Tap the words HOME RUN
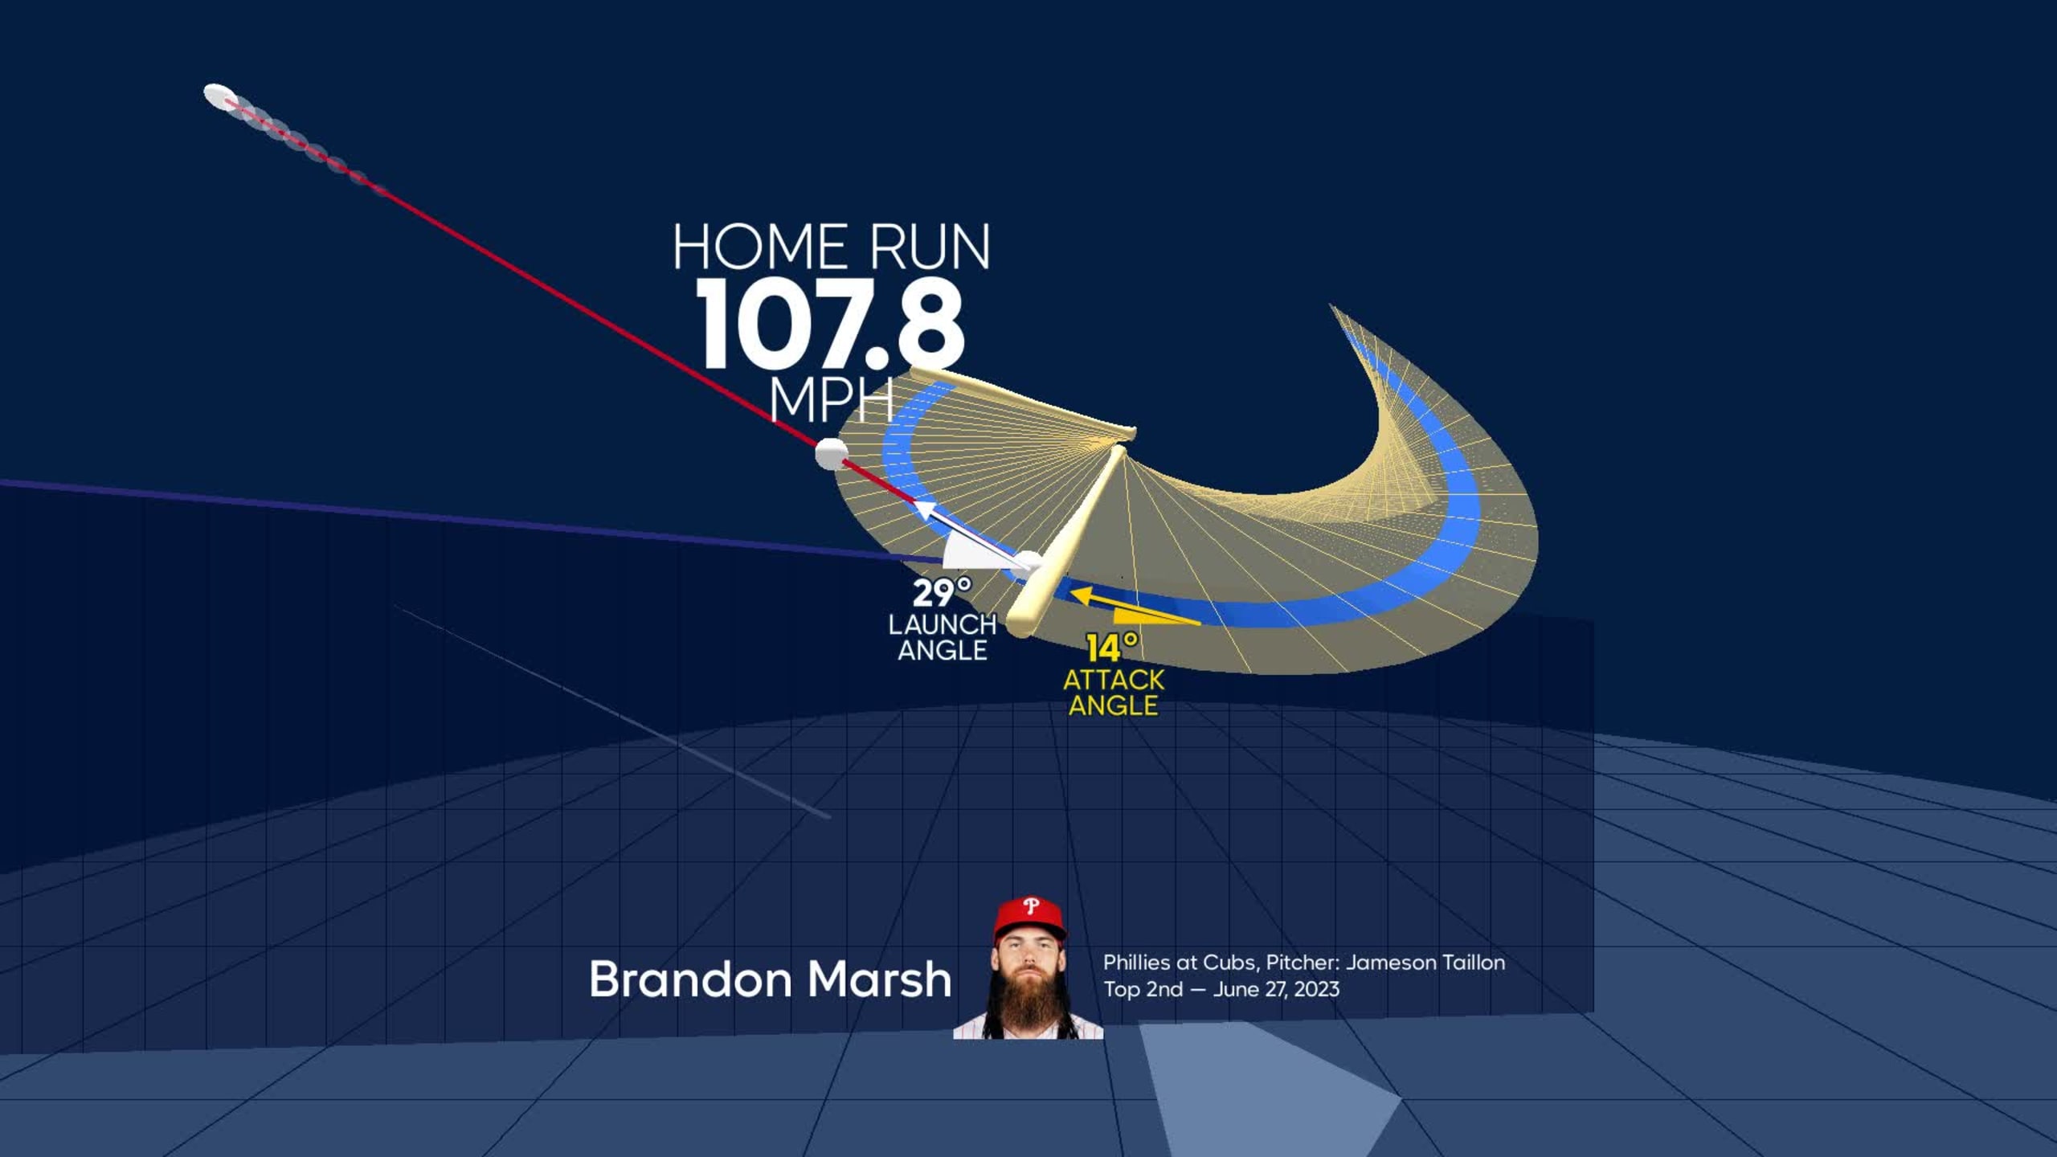click(832, 247)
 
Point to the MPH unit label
click(832, 399)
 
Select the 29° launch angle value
click(942, 593)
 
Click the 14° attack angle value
click(1113, 648)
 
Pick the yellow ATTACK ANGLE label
click(1114, 693)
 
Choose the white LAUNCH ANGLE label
click(943, 637)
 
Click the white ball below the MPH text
click(831, 454)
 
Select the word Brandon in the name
click(691, 979)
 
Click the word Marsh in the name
click(879, 979)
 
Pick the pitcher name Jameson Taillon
click(1425, 963)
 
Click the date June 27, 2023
click(1276, 989)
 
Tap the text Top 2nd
click(1143, 989)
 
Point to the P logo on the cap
click(1031, 908)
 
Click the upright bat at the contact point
click(1065, 543)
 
